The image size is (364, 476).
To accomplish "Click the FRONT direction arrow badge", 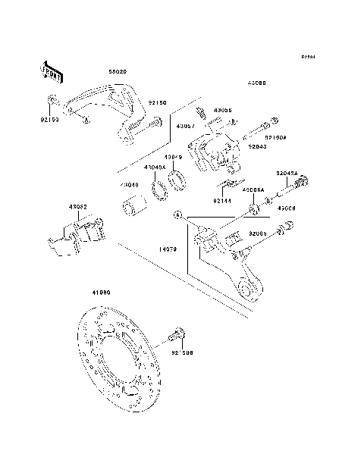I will [x=49, y=72].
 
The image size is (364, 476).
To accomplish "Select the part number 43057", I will [x=187, y=127].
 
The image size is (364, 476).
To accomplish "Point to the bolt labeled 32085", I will [x=287, y=227].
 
